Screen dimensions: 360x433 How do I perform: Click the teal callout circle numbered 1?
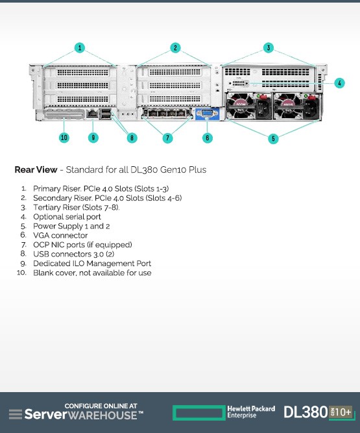80,48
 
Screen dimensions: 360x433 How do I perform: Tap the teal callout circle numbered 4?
339,83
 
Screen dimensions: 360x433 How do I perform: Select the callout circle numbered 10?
64,138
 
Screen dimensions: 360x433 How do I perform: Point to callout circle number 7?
168,138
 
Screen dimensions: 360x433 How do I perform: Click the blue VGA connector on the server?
207,114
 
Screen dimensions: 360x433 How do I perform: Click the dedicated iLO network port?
92,113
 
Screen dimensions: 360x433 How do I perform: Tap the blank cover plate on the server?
64,114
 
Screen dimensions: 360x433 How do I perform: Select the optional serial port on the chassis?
239,83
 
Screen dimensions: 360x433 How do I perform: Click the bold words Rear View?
36,169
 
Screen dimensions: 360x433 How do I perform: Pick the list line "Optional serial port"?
67,217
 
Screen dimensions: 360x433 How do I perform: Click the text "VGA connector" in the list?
60,235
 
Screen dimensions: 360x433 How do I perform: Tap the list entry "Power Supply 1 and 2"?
71,226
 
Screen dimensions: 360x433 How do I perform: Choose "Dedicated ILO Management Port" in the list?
92,264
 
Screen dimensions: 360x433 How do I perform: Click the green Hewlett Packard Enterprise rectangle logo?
199,413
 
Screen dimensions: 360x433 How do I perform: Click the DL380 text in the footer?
306,412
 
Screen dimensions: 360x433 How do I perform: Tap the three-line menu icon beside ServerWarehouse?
16,414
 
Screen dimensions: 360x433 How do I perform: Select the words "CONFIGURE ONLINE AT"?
101,406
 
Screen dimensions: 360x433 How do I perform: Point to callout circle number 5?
273,138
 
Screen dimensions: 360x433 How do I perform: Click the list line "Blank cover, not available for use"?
92,273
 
